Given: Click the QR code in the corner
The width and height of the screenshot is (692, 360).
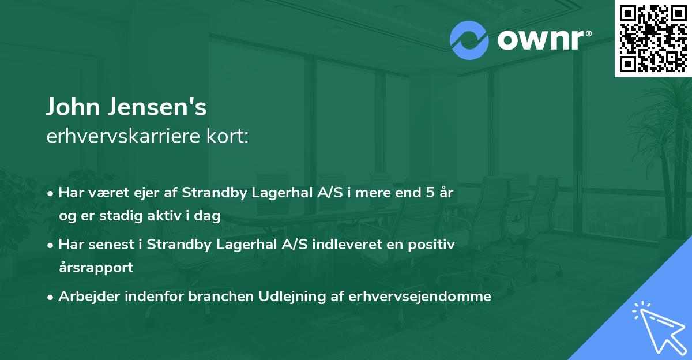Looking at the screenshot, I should click(x=653, y=39).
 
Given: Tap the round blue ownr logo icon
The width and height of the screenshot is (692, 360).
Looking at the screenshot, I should click(x=469, y=40).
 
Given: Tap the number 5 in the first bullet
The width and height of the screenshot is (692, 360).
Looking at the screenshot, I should click(x=430, y=193).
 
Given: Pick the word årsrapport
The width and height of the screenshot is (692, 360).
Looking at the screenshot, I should click(x=96, y=267).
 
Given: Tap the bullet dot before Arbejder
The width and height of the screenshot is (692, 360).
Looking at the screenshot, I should click(x=51, y=297).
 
